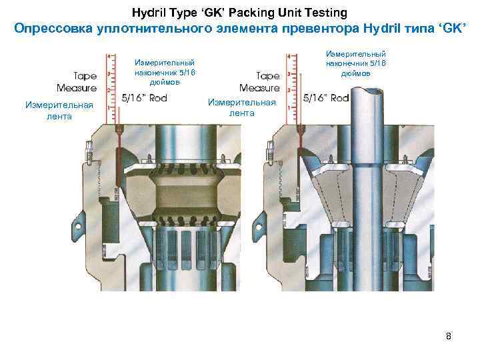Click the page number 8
click(x=449, y=336)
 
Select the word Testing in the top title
click(x=323, y=13)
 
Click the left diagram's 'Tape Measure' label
click(x=77, y=82)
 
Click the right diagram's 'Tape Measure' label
click(x=259, y=82)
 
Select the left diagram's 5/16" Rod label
click(x=145, y=98)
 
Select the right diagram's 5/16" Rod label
click(x=326, y=98)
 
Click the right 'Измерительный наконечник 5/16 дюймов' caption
click(x=355, y=63)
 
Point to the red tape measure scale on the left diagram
click(x=107, y=87)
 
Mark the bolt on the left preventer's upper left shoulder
click(x=87, y=152)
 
